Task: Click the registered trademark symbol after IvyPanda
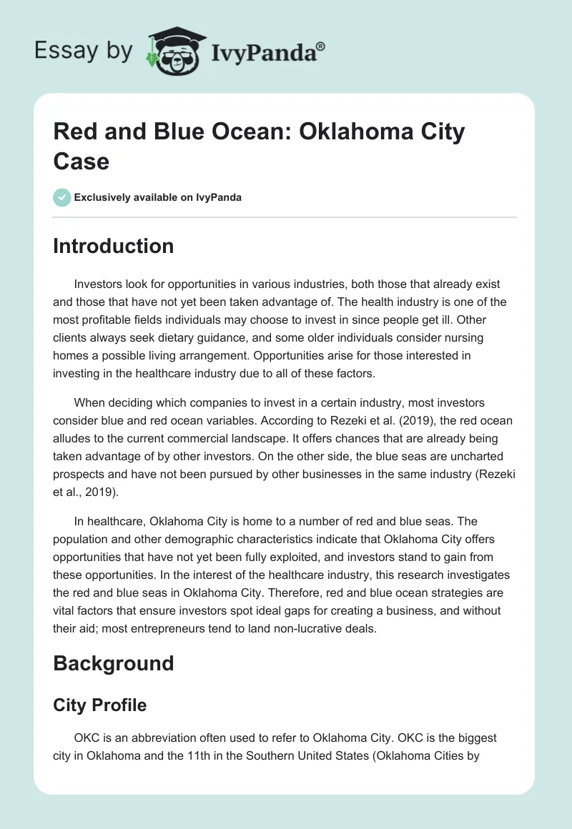pos(321,46)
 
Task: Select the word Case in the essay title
pos(81,161)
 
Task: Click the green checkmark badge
pos(62,197)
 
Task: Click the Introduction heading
pos(113,246)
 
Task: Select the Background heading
pos(113,663)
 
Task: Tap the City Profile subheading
pos(99,705)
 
